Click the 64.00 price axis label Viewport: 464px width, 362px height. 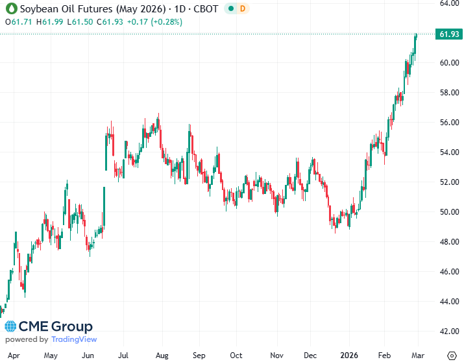click(445, 3)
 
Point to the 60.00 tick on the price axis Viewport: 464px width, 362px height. click(445, 63)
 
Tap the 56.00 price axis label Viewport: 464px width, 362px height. click(445, 123)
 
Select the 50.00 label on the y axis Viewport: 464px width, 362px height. click(445, 212)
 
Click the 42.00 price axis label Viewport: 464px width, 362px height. click(445, 332)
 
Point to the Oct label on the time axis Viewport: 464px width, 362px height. click(237, 356)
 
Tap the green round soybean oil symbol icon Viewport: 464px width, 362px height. click(10, 8)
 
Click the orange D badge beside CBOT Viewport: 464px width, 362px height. click(242, 8)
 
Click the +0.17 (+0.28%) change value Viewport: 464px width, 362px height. click(155, 21)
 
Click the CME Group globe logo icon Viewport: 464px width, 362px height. click(11, 327)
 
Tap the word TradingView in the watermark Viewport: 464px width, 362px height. click(74, 339)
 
